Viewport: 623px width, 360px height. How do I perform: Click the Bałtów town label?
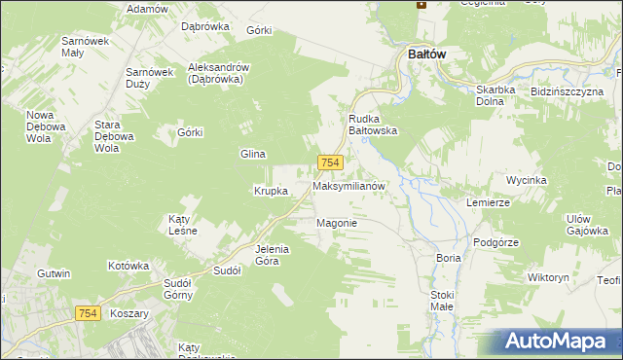[x=421, y=54]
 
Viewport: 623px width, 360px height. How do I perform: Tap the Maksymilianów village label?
[x=350, y=185]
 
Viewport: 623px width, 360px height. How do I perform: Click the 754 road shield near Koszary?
[x=88, y=311]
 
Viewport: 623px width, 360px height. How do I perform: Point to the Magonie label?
[x=338, y=223]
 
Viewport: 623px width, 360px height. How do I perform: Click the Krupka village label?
[x=271, y=191]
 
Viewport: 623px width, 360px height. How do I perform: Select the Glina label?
[x=253, y=154]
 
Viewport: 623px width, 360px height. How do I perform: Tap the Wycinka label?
[x=527, y=180]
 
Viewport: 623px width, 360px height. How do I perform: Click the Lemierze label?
[x=488, y=202]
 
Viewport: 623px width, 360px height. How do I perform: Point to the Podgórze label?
[x=493, y=242]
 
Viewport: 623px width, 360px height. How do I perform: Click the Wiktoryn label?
[x=547, y=277]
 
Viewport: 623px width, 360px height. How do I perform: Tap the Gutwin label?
[x=55, y=274]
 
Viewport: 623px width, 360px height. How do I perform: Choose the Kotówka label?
[x=128, y=265]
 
